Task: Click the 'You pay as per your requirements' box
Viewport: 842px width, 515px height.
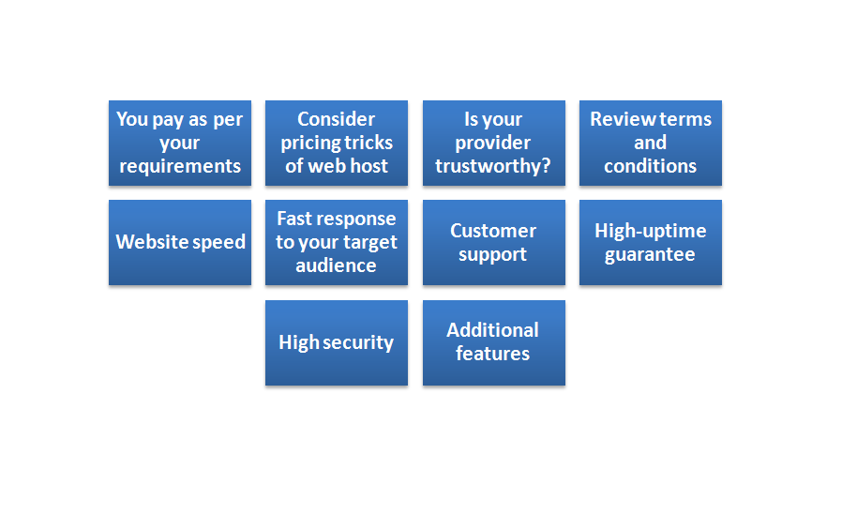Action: (x=180, y=143)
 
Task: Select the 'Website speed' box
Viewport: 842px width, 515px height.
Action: (x=180, y=243)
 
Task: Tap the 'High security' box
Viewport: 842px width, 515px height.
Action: (x=337, y=342)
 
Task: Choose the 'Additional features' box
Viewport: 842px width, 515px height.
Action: (x=494, y=342)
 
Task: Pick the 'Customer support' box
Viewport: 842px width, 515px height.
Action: (x=494, y=243)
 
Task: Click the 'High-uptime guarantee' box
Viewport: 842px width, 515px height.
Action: (x=651, y=243)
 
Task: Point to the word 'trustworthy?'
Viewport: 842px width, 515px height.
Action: (x=493, y=166)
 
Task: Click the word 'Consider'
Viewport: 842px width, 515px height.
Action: (x=337, y=119)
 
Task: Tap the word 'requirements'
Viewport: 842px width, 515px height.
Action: (x=180, y=166)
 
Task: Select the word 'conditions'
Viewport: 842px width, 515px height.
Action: (x=651, y=166)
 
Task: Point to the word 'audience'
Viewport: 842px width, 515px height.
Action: (x=337, y=265)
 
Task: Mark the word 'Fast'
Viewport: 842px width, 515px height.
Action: (x=293, y=219)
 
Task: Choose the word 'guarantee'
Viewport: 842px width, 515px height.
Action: (x=650, y=254)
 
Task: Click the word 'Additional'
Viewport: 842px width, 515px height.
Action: (x=492, y=329)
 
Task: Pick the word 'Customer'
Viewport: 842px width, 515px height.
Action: (x=493, y=231)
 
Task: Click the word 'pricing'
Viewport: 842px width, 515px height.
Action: (x=308, y=144)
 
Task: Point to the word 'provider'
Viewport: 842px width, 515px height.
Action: (x=493, y=144)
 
